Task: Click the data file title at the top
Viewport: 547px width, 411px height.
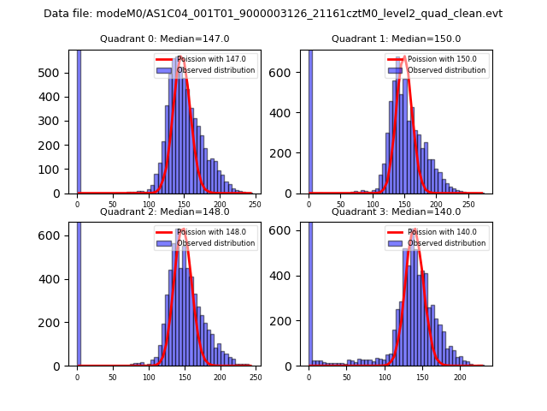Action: (x=273, y=14)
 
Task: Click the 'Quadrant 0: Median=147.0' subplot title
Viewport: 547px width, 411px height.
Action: (x=165, y=39)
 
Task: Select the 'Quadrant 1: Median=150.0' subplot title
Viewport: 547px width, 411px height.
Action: (x=396, y=39)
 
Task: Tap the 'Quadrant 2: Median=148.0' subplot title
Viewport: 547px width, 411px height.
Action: (x=165, y=211)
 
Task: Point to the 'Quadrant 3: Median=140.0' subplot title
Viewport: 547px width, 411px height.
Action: (x=396, y=211)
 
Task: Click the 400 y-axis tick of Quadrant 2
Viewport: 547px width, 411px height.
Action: (x=56, y=279)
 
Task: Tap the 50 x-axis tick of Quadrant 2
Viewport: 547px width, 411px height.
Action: (x=113, y=378)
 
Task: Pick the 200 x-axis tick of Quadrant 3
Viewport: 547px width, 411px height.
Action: (x=460, y=378)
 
